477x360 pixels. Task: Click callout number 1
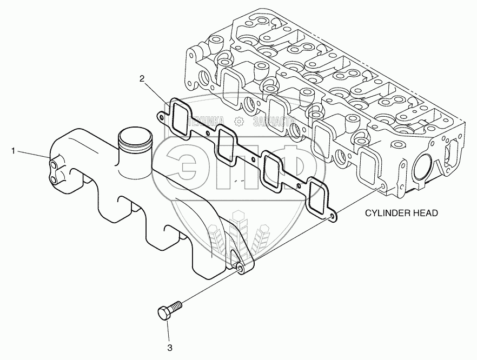[12, 151]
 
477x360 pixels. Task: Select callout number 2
[142, 79]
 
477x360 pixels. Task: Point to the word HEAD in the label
[425, 214]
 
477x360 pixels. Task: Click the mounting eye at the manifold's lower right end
[238, 267]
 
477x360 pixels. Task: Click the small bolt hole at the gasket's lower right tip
[331, 217]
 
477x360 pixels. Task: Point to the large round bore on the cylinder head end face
[422, 169]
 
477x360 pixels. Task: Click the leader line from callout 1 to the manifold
[32, 154]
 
